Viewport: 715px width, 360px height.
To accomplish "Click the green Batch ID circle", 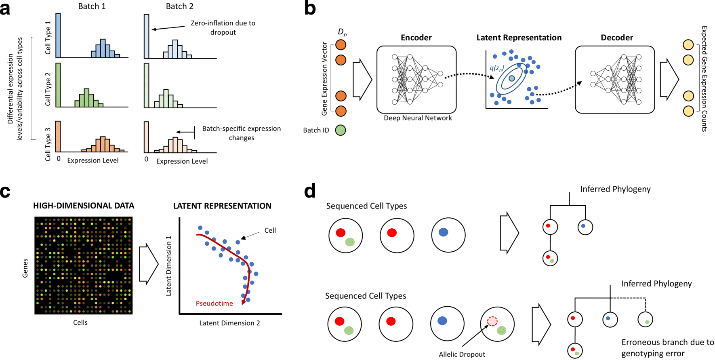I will (x=341, y=130).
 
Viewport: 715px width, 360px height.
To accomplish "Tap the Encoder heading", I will (x=416, y=38).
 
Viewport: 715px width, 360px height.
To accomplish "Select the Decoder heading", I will (x=616, y=38).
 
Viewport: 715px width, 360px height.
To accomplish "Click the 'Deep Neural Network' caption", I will (x=418, y=118).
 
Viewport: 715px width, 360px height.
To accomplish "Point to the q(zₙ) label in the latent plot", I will (x=496, y=68).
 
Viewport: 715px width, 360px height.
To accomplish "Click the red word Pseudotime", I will (x=214, y=303).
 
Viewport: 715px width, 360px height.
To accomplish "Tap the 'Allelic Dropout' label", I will (x=462, y=354).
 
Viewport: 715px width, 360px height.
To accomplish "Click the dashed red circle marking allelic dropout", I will (x=492, y=321).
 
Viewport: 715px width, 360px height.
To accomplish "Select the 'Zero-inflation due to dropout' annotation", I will (x=223, y=27).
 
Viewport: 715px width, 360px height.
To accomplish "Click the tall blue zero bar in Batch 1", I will (x=58, y=36).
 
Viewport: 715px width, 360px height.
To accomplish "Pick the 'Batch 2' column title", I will (x=179, y=6).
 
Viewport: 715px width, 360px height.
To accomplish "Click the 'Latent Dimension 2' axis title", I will (x=229, y=323).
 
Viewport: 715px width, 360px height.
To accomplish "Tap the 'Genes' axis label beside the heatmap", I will (x=25, y=268).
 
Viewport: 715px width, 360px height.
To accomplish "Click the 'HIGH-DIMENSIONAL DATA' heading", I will (x=84, y=206).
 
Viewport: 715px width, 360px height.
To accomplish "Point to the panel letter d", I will (x=310, y=191).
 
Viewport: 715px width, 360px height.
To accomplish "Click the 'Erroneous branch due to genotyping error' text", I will (x=667, y=348).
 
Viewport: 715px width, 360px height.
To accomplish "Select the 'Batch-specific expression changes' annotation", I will (x=241, y=133).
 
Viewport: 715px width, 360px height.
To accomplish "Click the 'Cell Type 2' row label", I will (x=48, y=89).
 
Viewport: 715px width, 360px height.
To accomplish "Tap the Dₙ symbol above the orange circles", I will (x=342, y=32).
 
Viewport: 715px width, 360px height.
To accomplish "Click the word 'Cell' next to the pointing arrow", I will (x=270, y=230).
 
